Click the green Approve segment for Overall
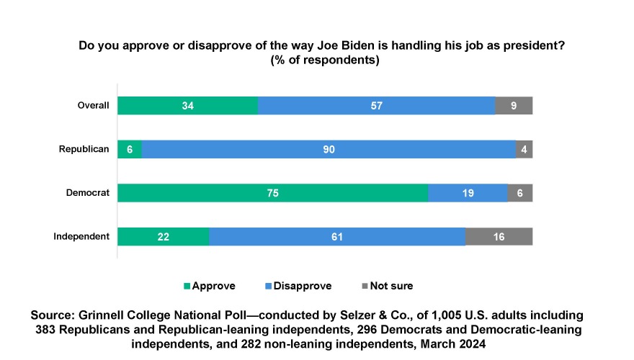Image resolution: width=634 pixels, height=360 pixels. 188,106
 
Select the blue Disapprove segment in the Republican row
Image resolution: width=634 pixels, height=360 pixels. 329,149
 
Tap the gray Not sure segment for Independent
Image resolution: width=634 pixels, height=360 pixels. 499,236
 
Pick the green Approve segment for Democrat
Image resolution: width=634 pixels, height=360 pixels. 272,193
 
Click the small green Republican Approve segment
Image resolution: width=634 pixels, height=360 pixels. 130,149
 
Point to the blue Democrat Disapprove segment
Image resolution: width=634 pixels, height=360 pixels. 468,193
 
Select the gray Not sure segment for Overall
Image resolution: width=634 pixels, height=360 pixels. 514,106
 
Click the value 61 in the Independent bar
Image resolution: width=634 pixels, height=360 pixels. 337,236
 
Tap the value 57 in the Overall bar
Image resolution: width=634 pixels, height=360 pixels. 376,106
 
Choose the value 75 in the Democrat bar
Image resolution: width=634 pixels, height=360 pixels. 272,193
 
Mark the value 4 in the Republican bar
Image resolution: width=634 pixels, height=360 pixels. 524,149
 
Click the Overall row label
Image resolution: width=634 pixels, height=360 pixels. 93,106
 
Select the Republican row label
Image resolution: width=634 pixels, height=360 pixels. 84,149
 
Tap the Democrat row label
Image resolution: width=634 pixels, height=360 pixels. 88,193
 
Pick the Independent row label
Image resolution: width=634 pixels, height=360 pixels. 81,236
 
